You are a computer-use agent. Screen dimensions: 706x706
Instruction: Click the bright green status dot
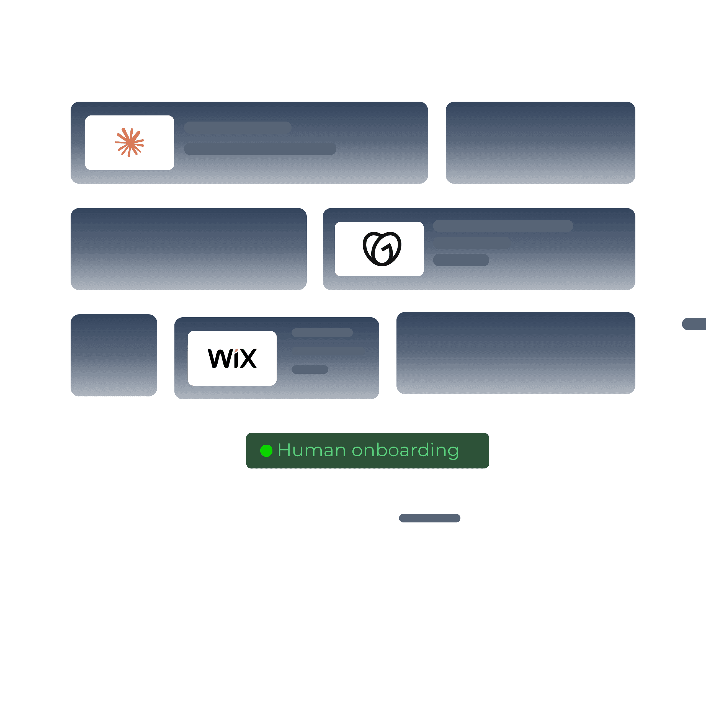[266, 450]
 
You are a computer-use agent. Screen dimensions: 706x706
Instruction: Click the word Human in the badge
[312, 450]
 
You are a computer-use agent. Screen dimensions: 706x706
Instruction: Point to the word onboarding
[405, 450]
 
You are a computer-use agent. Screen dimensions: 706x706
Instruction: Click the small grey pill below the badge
[430, 518]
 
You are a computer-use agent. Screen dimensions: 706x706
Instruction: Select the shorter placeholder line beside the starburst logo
[238, 128]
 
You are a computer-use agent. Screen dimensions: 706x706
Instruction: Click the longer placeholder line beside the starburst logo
[260, 149]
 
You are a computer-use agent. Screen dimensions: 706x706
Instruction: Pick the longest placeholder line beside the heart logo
[503, 226]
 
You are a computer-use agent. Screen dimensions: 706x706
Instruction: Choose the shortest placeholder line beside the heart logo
[461, 260]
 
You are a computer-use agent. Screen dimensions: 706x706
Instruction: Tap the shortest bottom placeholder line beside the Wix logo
[310, 369]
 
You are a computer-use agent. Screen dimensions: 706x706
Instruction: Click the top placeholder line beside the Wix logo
[322, 333]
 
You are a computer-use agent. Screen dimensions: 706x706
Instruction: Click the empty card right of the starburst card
[540, 143]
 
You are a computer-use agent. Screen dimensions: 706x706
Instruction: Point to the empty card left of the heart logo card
[189, 249]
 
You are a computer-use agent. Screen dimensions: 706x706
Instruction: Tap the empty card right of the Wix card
[516, 353]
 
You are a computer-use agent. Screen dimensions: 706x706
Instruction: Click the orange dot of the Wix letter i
[236, 351]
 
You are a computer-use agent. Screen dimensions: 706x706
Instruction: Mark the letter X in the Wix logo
[249, 359]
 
